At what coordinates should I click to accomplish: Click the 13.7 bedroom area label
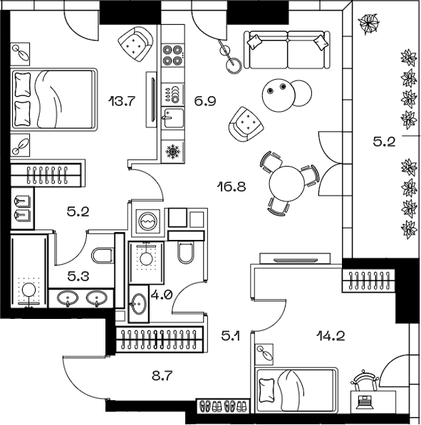[123, 100]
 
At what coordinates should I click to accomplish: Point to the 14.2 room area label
[331, 335]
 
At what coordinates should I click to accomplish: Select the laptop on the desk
[365, 399]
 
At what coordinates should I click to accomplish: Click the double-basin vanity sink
[80, 298]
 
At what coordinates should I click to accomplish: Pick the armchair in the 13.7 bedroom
[134, 44]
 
